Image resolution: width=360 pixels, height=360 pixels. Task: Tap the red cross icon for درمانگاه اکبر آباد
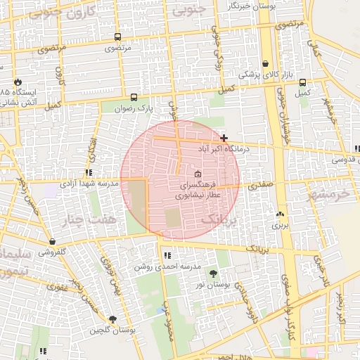tap(224, 138)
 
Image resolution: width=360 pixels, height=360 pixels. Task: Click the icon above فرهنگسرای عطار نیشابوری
tap(197, 174)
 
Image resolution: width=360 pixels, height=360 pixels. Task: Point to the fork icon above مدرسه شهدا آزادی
tap(89, 172)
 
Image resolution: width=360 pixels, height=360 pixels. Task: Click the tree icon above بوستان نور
tap(213, 273)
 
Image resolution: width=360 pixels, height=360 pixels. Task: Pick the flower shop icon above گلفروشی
tap(51, 240)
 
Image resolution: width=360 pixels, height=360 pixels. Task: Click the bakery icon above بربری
tap(281, 214)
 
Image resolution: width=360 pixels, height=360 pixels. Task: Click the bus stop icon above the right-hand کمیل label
tap(302, 82)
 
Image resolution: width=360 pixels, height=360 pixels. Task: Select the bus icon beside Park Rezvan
tap(134, 98)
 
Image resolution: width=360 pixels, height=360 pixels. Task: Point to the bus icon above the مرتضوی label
tap(117, 37)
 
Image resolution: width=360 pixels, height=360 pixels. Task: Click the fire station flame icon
tap(17, 82)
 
